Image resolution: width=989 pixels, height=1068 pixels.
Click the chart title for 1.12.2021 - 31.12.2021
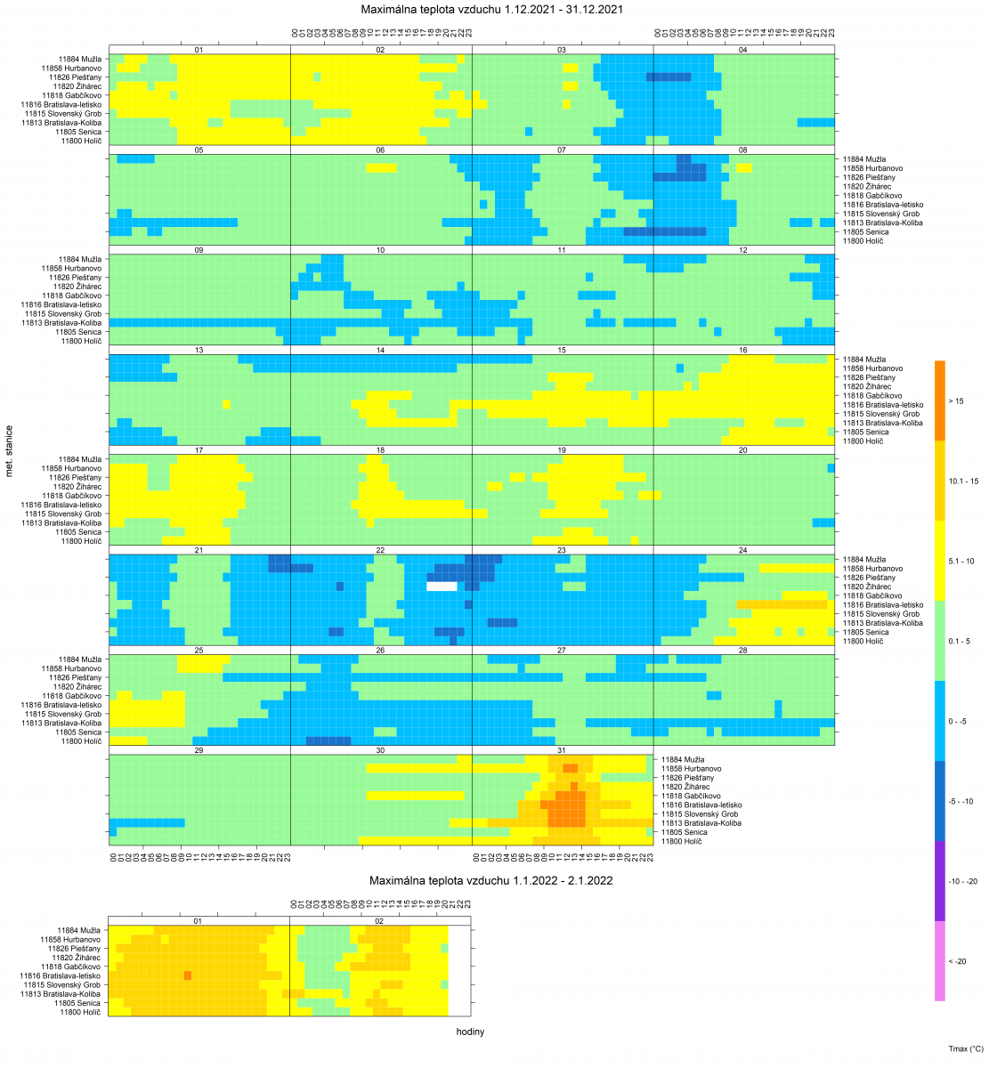(x=491, y=10)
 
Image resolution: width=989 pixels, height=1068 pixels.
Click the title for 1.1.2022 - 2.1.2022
(x=491, y=880)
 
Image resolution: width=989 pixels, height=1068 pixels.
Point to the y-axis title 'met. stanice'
(x=10, y=450)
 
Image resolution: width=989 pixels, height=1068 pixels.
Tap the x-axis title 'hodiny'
(x=470, y=1032)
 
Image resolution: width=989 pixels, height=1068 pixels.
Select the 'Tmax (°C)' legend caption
(x=964, y=1049)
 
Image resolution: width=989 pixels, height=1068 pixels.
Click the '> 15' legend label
(x=956, y=401)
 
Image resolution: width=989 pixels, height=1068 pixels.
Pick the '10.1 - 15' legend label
(x=963, y=481)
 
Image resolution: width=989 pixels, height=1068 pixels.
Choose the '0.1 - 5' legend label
(x=960, y=641)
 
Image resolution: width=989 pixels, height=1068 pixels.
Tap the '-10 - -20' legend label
(x=963, y=881)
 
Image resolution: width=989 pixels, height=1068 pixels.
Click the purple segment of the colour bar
(x=940, y=881)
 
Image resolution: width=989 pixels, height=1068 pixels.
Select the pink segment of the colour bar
(x=940, y=961)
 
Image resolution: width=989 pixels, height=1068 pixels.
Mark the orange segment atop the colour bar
(x=940, y=400)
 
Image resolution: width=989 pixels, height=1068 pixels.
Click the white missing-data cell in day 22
(x=442, y=587)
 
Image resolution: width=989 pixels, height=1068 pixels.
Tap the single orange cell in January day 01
(x=188, y=975)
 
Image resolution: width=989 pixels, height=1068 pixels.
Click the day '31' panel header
(x=562, y=750)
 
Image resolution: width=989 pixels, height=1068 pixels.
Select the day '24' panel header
(x=743, y=550)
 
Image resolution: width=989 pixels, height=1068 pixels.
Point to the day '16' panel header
(x=743, y=350)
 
